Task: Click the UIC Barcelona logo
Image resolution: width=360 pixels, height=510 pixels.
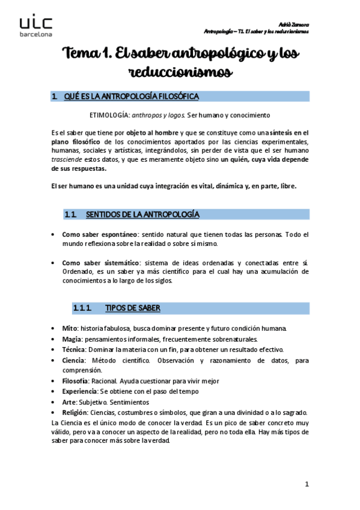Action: point(36,26)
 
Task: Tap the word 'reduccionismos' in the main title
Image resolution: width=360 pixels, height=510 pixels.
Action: point(180,73)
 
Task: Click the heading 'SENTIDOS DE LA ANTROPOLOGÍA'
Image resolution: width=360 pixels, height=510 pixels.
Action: point(142,215)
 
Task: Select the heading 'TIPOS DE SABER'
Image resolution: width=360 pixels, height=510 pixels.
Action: point(132,309)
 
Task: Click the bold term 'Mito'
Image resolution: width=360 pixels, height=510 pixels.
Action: point(69,328)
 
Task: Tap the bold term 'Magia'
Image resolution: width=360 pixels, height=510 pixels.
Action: point(72,339)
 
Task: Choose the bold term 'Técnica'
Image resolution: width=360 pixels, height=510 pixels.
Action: point(74,349)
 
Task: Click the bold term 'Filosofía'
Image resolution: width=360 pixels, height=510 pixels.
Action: point(75,381)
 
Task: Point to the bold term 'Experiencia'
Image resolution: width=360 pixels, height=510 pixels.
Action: point(79,392)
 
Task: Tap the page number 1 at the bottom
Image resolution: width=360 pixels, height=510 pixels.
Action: point(307,484)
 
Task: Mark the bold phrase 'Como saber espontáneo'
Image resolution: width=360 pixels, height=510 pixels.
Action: point(100,234)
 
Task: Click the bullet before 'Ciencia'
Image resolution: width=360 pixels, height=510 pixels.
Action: point(55,360)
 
